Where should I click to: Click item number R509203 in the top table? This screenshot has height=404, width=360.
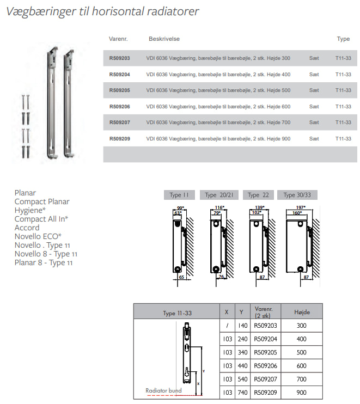[120, 58]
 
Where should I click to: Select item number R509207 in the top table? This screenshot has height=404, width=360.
[120, 123]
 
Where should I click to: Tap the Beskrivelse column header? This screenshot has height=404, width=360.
[164, 39]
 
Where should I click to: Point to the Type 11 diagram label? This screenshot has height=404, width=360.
[179, 195]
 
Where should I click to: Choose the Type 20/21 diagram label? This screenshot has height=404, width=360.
[218, 195]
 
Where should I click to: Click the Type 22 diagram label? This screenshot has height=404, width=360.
[258, 195]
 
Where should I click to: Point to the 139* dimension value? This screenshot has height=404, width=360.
[260, 207]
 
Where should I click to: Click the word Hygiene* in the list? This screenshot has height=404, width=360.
[30, 210]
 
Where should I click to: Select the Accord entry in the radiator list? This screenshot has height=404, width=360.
[27, 228]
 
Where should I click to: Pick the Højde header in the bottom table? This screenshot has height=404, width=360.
[302, 312]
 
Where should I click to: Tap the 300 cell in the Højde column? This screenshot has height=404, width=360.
[302, 325]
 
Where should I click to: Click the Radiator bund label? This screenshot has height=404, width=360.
[163, 390]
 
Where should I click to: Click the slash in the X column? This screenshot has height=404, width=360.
[227, 325]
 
